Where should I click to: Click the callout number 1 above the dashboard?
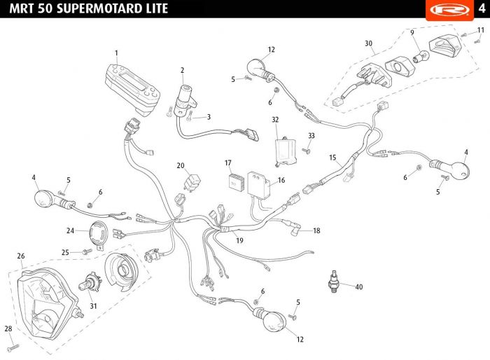116,53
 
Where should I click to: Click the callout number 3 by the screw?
209,117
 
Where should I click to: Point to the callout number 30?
368,43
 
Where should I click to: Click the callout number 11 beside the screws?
480,30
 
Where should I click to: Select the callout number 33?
311,135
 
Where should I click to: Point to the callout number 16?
281,180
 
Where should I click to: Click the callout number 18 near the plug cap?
316,230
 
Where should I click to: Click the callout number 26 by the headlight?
21,256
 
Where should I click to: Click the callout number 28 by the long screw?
8,328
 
